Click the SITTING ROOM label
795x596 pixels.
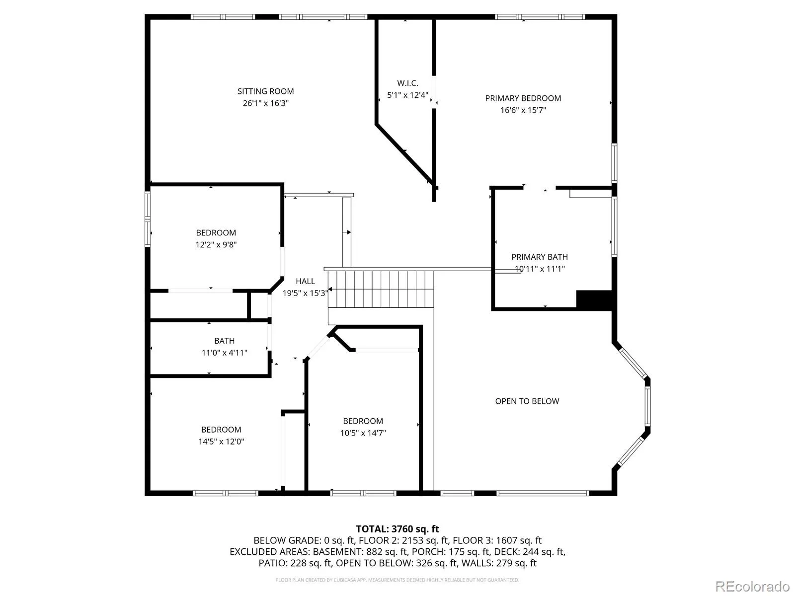click(x=265, y=91)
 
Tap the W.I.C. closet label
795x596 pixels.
click(x=407, y=83)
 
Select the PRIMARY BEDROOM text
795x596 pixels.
click(x=523, y=98)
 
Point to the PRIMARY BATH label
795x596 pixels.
click(x=539, y=257)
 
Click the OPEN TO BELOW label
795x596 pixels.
click(x=527, y=401)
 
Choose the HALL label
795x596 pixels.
click(x=305, y=281)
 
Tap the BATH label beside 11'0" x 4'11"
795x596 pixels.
click(x=224, y=341)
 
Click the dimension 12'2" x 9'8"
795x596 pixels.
click(x=216, y=245)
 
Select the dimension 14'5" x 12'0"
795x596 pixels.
click(x=221, y=442)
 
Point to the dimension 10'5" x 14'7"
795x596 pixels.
click(x=363, y=433)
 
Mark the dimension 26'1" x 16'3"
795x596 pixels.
click(x=265, y=103)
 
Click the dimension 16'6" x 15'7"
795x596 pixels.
click(x=523, y=110)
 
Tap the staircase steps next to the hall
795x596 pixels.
click(x=381, y=289)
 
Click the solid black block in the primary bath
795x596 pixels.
click(x=594, y=299)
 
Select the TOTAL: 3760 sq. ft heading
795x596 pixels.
click(x=397, y=529)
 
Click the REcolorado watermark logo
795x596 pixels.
click(x=752, y=586)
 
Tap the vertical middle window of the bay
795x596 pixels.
click(x=647, y=406)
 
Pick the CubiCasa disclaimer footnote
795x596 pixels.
click(x=397, y=580)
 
